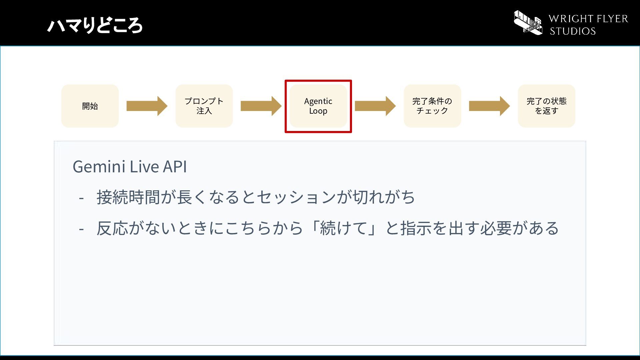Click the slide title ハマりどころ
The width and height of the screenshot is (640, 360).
tap(95, 25)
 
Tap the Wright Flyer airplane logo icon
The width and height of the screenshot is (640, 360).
tap(528, 23)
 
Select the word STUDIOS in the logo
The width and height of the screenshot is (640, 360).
tap(573, 31)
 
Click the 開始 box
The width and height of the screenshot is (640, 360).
tap(90, 106)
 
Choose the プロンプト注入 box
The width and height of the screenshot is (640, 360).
tap(204, 106)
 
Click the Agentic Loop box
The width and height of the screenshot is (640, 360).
tap(318, 106)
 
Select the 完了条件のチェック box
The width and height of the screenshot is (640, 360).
tap(432, 106)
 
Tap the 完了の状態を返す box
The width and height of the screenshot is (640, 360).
tap(546, 106)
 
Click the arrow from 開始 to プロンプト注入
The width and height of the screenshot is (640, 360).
tap(147, 106)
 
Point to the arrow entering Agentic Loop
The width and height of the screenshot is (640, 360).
tap(261, 106)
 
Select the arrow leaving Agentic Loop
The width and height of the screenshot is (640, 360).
tap(375, 106)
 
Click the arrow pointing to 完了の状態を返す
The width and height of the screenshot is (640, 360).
tap(489, 106)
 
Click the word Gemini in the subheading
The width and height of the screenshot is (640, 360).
tap(99, 166)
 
